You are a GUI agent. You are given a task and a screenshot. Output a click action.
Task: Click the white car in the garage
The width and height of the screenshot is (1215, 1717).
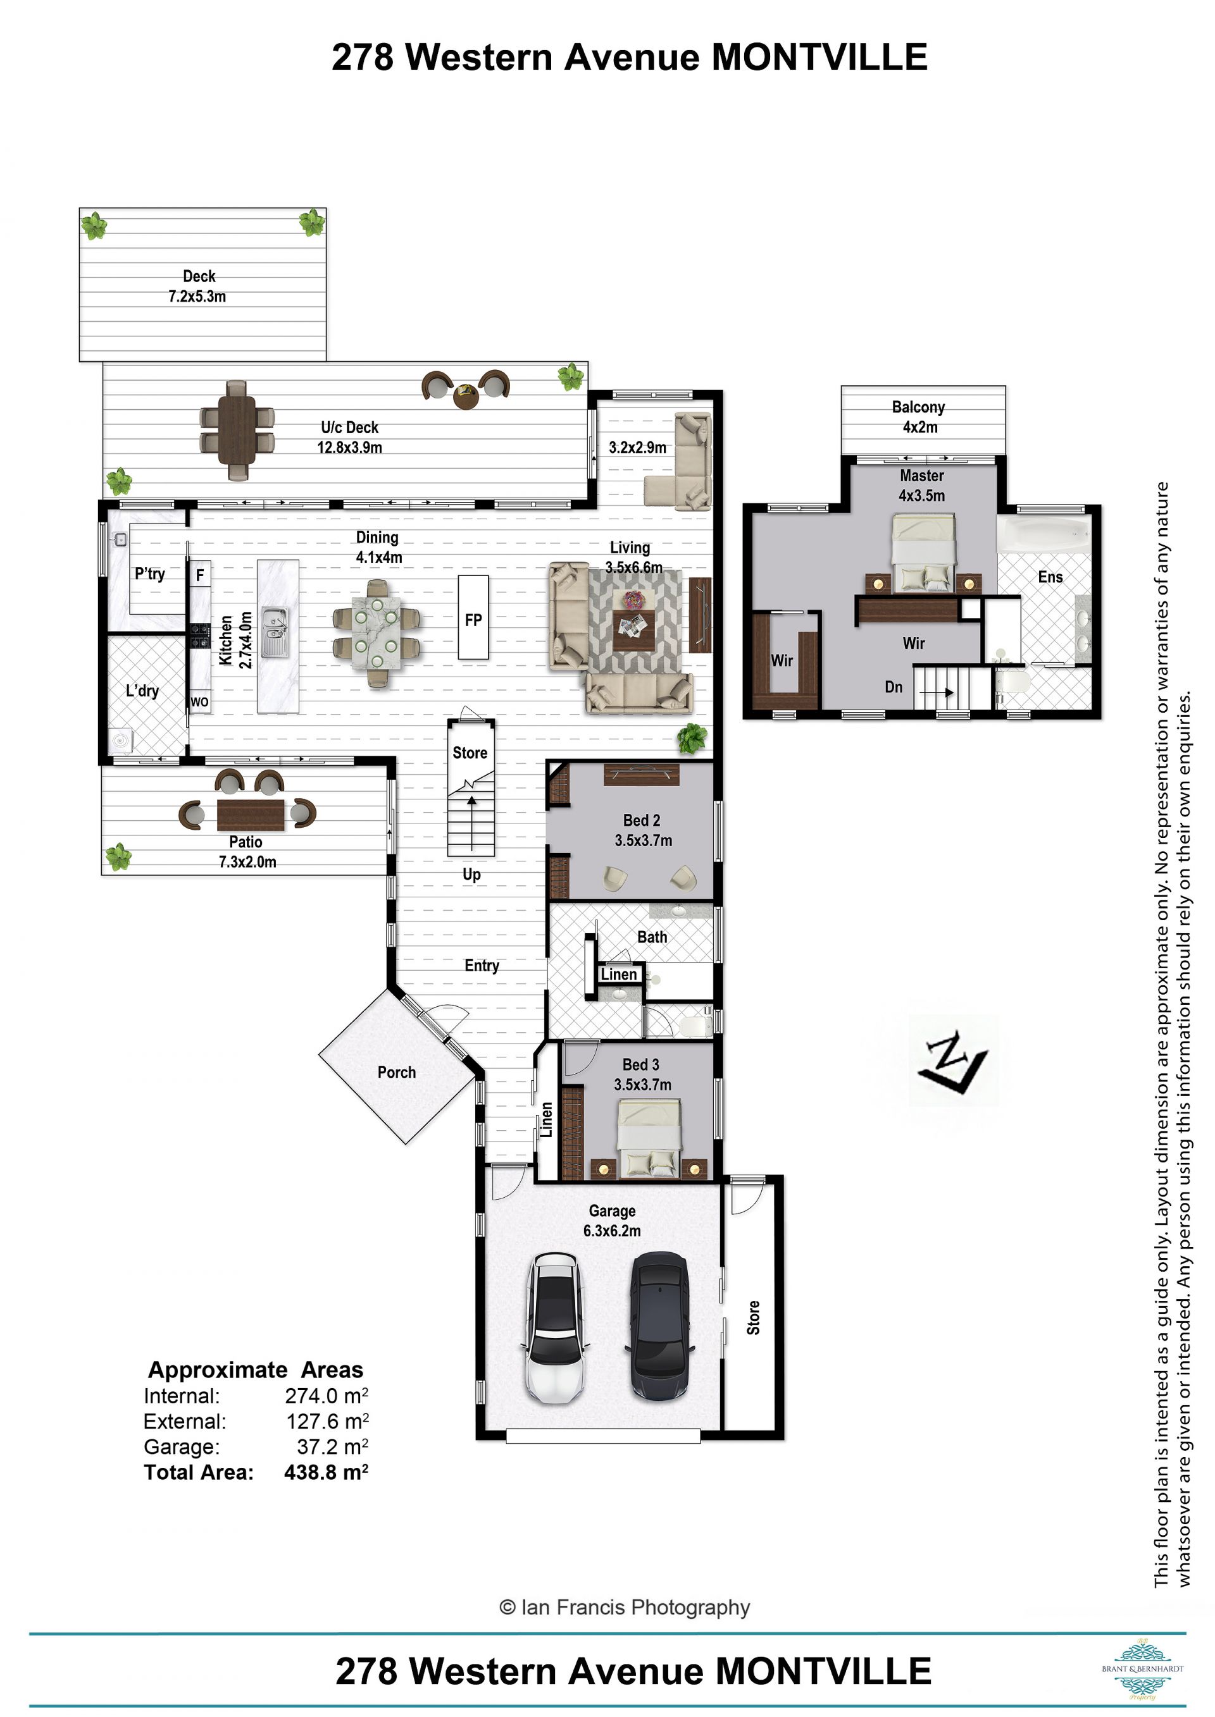(x=554, y=1329)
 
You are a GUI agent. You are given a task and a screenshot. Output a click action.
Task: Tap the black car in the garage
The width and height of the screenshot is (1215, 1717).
(x=660, y=1326)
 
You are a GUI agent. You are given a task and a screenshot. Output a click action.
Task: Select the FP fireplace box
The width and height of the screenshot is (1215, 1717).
(x=473, y=618)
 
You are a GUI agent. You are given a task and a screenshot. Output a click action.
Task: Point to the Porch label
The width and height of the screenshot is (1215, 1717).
(x=397, y=1073)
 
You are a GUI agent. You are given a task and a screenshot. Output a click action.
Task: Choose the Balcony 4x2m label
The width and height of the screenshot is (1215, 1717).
(x=919, y=417)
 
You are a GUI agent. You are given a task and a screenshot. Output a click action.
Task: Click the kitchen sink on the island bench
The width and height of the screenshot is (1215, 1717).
(x=275, y=632)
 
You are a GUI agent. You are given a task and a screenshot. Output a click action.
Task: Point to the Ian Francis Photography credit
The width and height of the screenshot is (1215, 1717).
(x=625, y=1607)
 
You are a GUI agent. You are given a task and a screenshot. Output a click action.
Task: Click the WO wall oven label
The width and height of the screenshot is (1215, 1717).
(x=200, y=702)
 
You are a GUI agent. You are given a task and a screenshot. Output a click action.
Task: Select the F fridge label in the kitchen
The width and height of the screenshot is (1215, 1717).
(x=200, y=575)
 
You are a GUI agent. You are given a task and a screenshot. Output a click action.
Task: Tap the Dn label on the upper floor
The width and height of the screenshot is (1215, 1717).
(x=894, y=687)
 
